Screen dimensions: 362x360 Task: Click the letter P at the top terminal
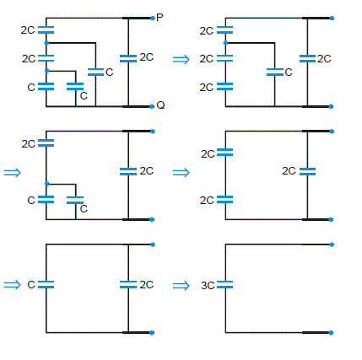(159, 18)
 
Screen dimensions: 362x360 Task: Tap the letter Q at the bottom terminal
(160, 105)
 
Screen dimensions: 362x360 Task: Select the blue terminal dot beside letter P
(153, 19)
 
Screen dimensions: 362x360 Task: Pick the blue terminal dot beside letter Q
(152, 106)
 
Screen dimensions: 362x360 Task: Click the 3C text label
(208, 286)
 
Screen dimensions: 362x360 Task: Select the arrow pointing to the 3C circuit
(181, 286)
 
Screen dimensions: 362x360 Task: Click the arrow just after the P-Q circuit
(181, 59)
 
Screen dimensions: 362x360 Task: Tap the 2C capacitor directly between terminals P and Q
(128, 58)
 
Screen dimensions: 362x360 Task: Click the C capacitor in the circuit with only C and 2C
(46, 284)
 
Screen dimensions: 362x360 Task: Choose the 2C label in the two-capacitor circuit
(147, 285)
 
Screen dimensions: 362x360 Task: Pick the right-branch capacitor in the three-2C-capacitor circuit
(307, 171)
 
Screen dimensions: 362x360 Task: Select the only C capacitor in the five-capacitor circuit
(275, 73)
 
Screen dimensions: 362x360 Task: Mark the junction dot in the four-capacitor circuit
(47, 184)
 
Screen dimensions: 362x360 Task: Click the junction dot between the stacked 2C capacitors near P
(46, 43)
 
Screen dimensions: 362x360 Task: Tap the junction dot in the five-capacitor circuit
(225, 43)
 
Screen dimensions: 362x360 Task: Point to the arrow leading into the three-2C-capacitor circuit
(181, 172)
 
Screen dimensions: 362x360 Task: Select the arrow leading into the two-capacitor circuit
(12, 285)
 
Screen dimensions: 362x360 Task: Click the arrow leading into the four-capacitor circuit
(12, 172)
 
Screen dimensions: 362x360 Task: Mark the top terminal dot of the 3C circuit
(332, 244)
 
